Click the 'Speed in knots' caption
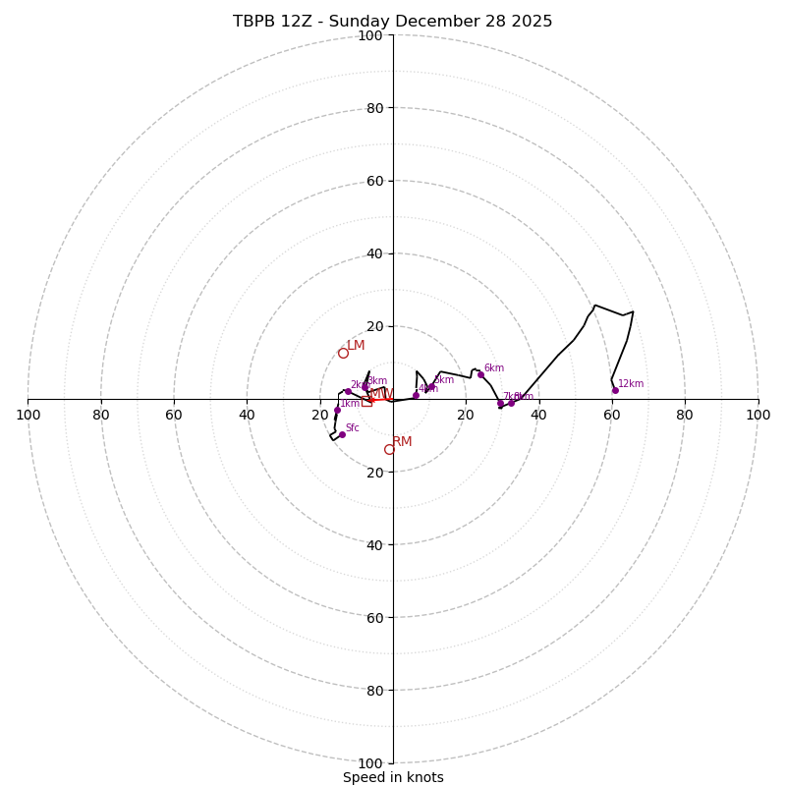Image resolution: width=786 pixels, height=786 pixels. (x=393, y=777)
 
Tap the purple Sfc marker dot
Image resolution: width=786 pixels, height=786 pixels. (x=342, y=434)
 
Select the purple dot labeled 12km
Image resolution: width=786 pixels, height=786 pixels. (x=615, y=390)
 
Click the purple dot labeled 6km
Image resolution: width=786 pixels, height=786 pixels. (x=480, y=374)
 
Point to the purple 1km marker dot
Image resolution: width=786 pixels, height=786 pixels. (x=337, y=410)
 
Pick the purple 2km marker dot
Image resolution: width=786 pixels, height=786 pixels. (x=348, y=391)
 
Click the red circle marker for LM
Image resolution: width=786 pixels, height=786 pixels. (x=343, y=353)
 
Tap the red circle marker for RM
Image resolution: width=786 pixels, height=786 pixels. (x=389, y=449)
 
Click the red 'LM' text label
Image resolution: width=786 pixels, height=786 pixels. (x=356, y=346)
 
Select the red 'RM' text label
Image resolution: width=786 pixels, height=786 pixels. (x=402, y=442)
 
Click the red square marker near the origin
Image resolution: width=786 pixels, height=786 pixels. (x=366, y=402)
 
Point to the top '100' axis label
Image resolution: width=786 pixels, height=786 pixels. (x=370, y=35)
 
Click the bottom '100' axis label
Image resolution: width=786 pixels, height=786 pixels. (x=370, y=762)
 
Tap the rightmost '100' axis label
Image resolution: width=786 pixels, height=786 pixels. (x=758, y=415)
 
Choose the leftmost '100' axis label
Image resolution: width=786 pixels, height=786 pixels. (x=28, y=415)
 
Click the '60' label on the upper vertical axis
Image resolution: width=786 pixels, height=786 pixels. (x=374, y=181)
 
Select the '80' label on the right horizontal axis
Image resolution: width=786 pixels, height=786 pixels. (x=685, y=415)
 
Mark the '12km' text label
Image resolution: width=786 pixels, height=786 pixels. (x=631, y=384)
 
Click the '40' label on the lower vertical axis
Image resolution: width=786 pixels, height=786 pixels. (x=374, y=544)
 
